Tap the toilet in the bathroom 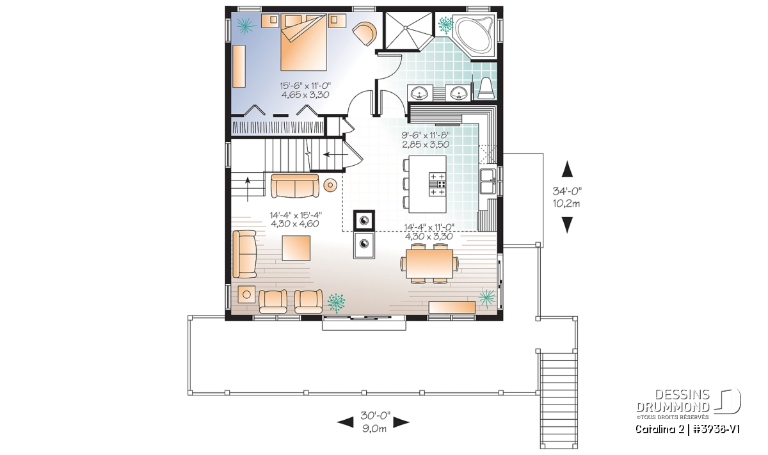(x=486, y=89)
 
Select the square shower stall (x=408, y=31)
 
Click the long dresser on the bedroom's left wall (x=239, y=66)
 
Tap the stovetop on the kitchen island (x=437, y=184)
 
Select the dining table (x=429, y=263)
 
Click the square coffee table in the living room (x=296, y=248)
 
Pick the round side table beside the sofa (x=330, y=185)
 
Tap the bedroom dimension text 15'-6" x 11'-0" (x=305, y=85)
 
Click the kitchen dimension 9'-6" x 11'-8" (x=426, y=135)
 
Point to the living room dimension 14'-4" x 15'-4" (x=296, y=215)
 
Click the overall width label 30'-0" (x=376, y=415)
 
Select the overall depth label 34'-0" (x=567, y=191)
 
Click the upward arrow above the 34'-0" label (x=568, y=169)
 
